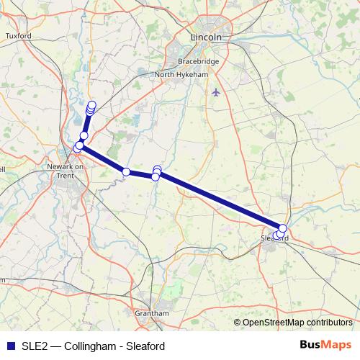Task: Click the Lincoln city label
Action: tap(207, 37)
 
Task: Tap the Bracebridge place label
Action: tap(194, 61)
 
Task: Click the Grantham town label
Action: tap(152, 313)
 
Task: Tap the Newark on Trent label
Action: tap(66, 171)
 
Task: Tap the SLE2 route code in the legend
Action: tap(32, 346)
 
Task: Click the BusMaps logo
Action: tap(325, 345)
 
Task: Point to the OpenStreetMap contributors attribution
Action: tap(297, 323)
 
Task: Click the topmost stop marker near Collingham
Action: tap(91, 105)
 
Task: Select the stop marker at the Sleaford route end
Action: tap(283, 228)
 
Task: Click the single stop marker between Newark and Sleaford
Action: tap(126, 171)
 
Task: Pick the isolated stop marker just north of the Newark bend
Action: tap(84, 135)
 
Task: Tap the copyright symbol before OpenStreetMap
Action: tap(238, 323)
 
